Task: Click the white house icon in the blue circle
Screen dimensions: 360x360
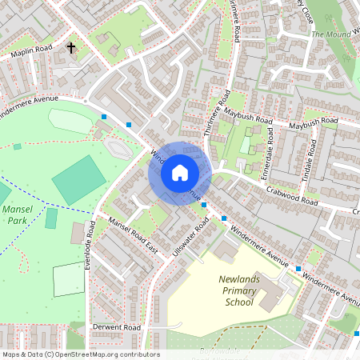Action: pyautogui.click(x=179, y=172)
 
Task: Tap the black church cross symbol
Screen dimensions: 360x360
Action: pyautogui.click(x=70, y=48)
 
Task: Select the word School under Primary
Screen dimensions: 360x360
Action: pyautogui.click(x=240, y=302)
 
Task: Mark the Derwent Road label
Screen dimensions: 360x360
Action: pyautogui.click(x=117, y=328)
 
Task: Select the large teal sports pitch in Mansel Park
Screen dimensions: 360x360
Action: pyautogui.click(x=78, y=179)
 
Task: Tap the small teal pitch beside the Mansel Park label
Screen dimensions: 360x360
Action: pyautogui.click(x=51, y=218)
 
